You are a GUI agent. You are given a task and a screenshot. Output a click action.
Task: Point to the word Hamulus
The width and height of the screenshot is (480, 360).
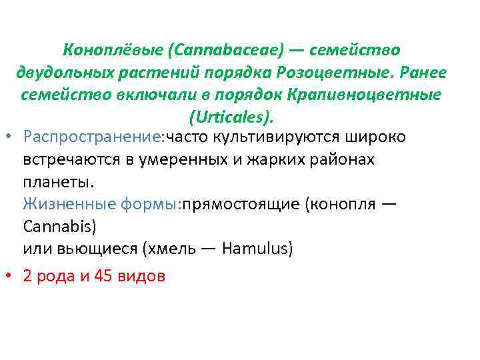click(257, 249)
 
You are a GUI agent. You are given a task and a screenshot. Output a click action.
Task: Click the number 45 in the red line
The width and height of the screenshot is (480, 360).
click(102, 276)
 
